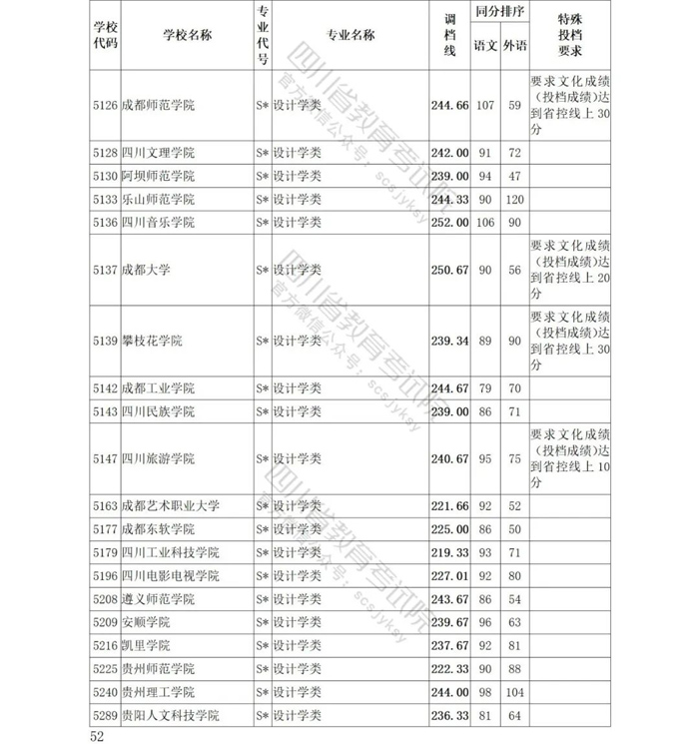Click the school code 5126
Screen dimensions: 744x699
pyautogui.click(x=104, y=105)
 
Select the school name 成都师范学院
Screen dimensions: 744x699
pyautogui.click(x=158, y=105)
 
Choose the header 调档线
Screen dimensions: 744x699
pyautogui.click(x=449, y=36)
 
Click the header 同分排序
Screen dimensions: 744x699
pyautogui.click(x=500, y=15)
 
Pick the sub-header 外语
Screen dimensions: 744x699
pyautogui.click(x=515, y=46)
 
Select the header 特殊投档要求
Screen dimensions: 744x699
pyautogui.click(x=569, y=36)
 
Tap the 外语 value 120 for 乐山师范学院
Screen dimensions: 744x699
pyautogui.click(x=515, y=199)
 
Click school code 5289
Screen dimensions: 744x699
pyautogui.click(x=104, y=716)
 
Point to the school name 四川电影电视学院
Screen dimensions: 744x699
pyautogui.click(x=170, y=576)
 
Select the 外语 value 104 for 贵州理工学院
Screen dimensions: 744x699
pyautogui.click(x=515, y=693)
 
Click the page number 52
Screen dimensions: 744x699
pyautogui.click(x=97, y=736)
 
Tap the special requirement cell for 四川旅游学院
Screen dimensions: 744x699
pyautogui.click(x=569, y=458)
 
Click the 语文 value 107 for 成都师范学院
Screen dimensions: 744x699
pyautogui.click(x=486, y=105)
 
